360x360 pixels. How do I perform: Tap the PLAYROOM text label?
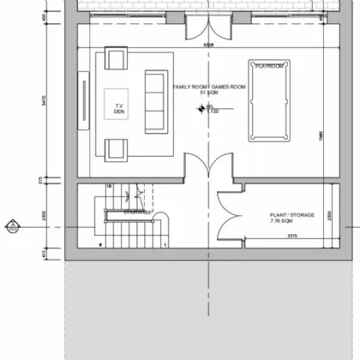click(272, 65)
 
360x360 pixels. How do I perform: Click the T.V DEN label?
click(120, 109)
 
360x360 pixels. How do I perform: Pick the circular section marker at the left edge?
click(13, 226)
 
